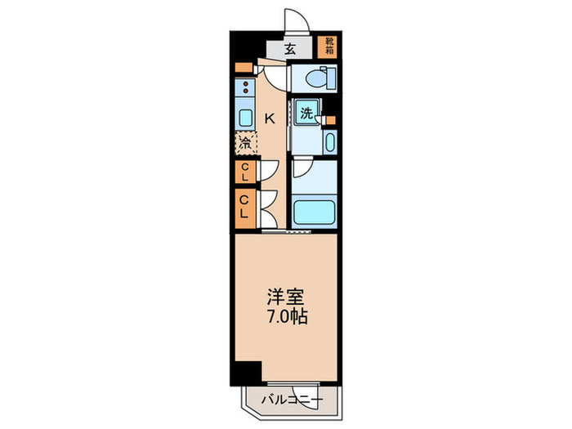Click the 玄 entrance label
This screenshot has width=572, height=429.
pos(290,48)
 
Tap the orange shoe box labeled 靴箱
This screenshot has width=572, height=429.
pos(328,47)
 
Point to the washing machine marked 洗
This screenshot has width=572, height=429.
pos(306,114)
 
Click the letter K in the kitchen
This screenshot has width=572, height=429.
pos(269,118)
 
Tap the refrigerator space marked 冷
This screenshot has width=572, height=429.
pos(245,143)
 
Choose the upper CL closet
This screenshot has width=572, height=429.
pos(244,172)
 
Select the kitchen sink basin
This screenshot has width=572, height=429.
pos(245,117)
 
